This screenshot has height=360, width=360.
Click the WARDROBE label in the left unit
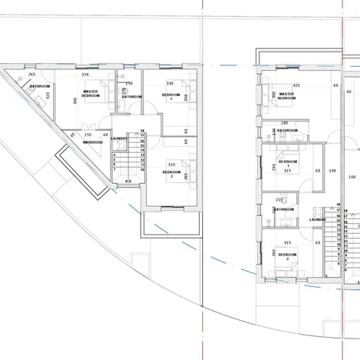(x=93, y=142)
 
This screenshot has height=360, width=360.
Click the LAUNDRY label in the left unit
(x=118, y=138)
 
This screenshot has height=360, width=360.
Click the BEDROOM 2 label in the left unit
(x=172, y=175)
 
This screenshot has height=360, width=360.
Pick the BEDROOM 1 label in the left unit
(x=170, y=96)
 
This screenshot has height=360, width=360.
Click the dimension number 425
(x=296, y=85)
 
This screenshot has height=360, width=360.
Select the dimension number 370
(x=85, y=75)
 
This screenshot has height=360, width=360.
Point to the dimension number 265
(x=32, y=75)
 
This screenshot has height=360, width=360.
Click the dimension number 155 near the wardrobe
(x=88, y=135)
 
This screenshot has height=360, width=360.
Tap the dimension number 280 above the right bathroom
(x=284, y=123)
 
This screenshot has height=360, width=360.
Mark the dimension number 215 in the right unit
(x=278, y=199)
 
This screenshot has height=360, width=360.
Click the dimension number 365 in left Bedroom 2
(x=187, y=176)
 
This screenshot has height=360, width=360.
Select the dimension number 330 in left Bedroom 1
(x=169, y=83)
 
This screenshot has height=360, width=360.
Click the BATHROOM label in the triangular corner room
(x=40, y=86)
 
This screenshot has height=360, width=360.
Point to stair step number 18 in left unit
(x=142, y=131)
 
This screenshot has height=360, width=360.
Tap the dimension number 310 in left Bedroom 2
(x=171, y=165)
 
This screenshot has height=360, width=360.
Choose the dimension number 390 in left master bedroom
(x=75, y=100)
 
